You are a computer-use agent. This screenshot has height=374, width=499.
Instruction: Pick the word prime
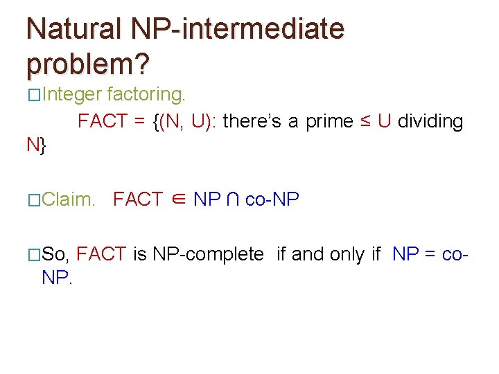click(329, 122)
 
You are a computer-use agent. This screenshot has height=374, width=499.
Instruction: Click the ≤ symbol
click(365, 122)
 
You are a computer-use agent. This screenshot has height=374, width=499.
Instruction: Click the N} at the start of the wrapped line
click(36, 145)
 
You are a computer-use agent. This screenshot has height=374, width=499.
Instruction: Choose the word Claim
click(69, 200)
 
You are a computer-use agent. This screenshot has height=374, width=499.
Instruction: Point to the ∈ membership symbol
click(177, 200)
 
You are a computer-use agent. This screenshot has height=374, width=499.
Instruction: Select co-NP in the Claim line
click(272, 200)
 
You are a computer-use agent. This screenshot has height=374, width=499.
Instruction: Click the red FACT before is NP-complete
click(101, 254)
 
